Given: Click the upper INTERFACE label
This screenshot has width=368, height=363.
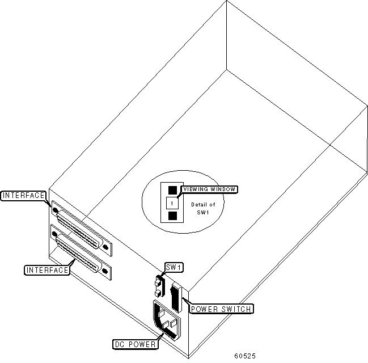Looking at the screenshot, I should pyautogui.click(x=24, y=196).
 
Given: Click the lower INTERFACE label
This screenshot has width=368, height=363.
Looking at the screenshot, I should pyautogui.click(x=47, y=270).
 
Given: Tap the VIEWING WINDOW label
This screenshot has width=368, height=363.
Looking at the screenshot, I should pyautogui.click(x=209, y=189).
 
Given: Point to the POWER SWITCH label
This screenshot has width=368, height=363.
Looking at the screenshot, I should pyautogui.click(x=221, y=309).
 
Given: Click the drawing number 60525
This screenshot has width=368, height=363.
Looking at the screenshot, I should pyautogui.click(x=245, y=356).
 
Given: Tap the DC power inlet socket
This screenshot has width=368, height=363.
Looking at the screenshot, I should pyautogui.click(x=168, y=321).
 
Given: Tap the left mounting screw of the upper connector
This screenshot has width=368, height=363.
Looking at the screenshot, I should pyautogui.click(x=55, y=210).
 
